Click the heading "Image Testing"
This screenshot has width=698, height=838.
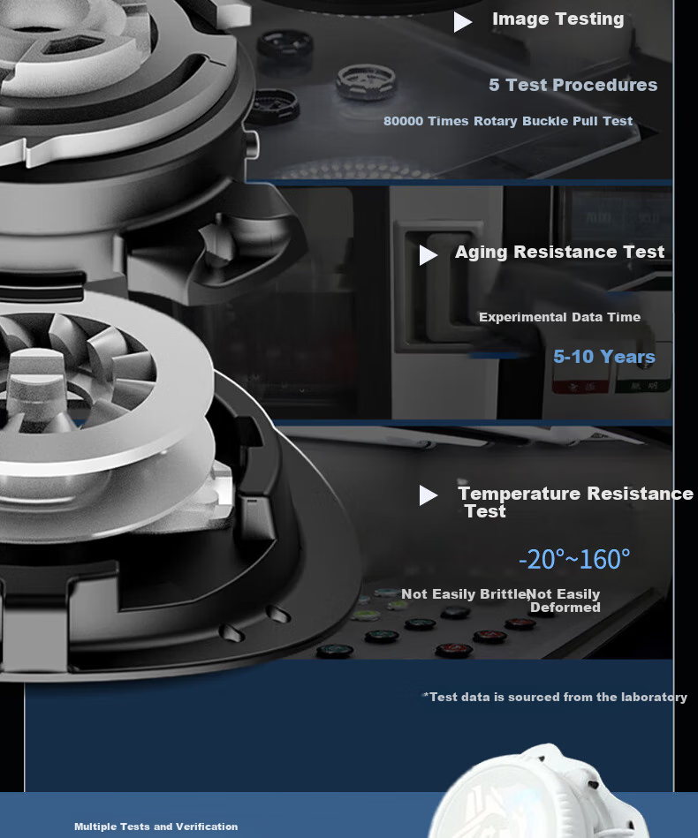click(558, 19)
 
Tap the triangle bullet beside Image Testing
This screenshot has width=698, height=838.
click(462, 22)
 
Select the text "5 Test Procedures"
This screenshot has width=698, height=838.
click(573, 85)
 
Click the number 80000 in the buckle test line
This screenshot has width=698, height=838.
click(403, 121)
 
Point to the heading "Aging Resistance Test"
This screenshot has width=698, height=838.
click(559, 252)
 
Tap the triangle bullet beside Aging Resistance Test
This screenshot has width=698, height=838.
click(428, 255)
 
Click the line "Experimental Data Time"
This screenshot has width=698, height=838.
click(559, 317)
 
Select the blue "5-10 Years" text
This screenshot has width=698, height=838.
click(603, 357)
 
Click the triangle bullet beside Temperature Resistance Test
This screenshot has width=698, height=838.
click(428, 494)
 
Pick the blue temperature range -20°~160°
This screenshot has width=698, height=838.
click(574, 560)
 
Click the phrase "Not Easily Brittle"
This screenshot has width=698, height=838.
click(464, 594)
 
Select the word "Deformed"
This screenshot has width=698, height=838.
click(565, 608)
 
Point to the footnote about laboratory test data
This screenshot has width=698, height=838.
click(555, 697)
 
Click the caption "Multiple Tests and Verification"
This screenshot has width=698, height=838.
click(156, 827)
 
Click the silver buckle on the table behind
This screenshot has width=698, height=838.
click(367, 82)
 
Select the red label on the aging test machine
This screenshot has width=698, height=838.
click(580, 386)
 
